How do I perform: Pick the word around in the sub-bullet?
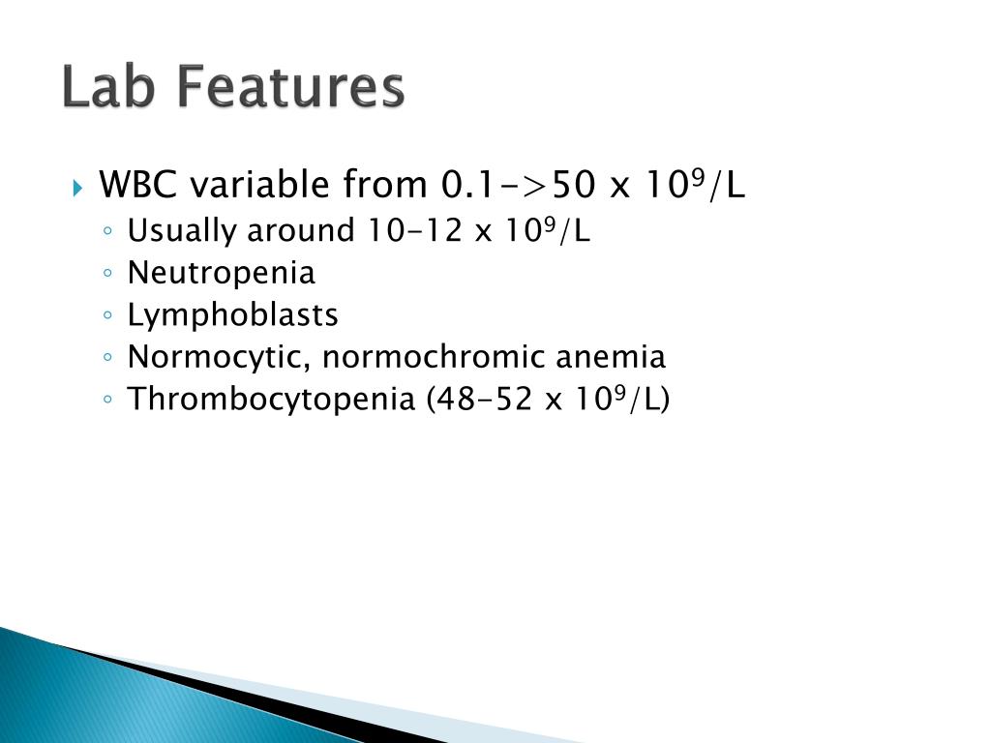tap(302, 231)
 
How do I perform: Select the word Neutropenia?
tap(222, 274)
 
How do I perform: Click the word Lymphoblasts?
tap(233, 315)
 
